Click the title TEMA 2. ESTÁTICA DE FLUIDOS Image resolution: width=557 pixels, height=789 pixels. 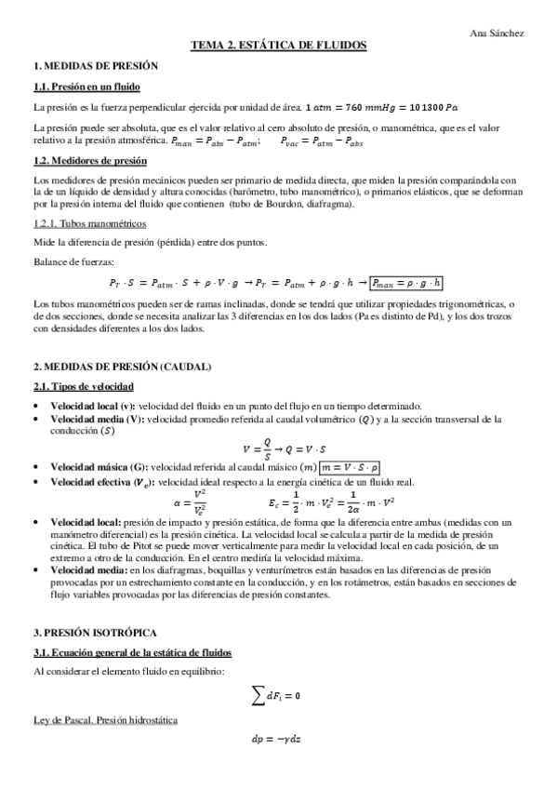[278, 45]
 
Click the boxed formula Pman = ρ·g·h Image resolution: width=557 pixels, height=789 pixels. [404, 283]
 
